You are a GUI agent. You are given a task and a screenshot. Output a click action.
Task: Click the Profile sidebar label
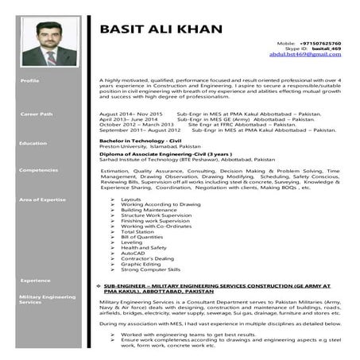click(30, 81)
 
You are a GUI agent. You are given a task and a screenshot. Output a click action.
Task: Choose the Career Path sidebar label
click(36, 114)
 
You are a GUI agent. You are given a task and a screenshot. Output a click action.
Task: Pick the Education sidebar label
click(33, 143)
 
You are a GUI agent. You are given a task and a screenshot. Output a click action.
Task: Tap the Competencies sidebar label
click(38, 170)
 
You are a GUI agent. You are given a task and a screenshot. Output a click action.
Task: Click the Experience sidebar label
click(35, 280)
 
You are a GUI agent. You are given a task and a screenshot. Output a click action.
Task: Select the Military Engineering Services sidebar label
click(43, 299)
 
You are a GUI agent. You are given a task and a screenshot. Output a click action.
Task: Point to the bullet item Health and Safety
click(142, 247)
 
